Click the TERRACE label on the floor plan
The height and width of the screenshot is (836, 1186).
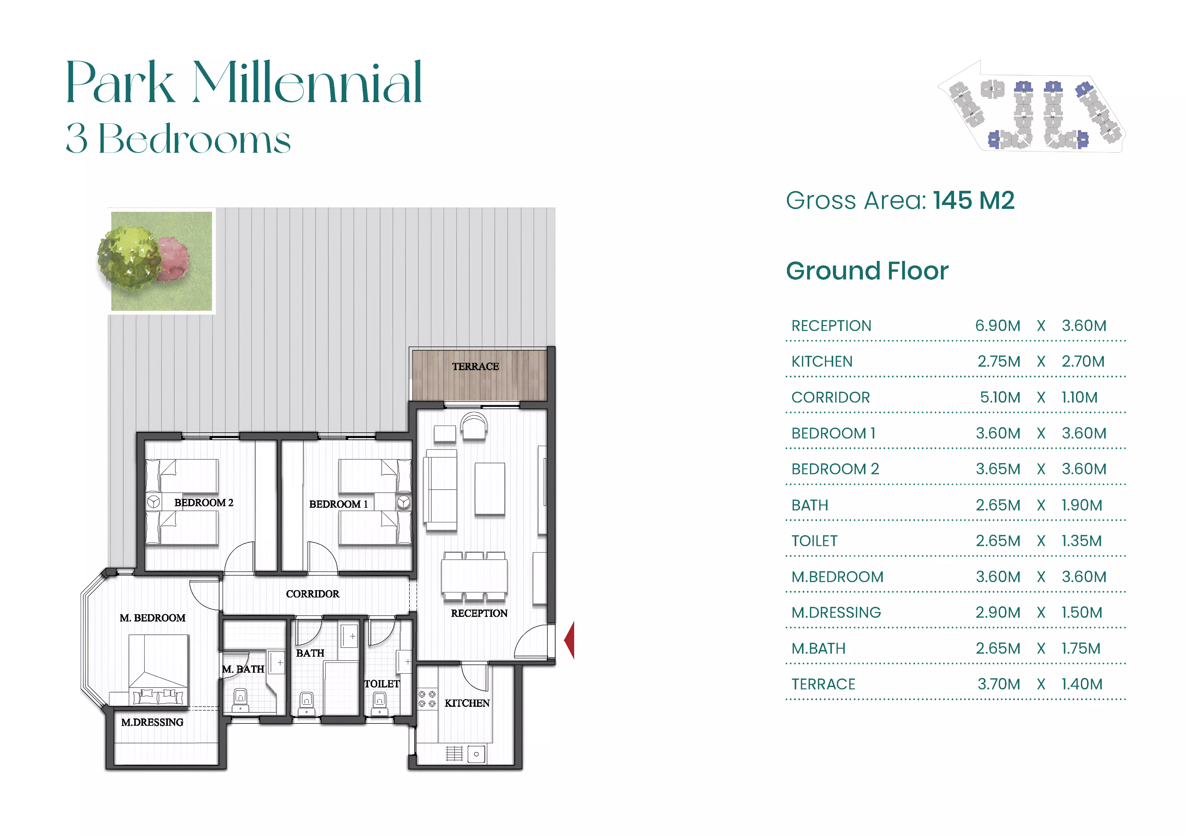click(x=475, y=367)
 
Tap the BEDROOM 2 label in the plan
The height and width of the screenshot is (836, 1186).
click(x=204, y=503)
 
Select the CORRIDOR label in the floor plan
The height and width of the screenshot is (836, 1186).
click(x=313, y=594)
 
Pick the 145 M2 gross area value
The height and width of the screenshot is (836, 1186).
click(x=974, y=201)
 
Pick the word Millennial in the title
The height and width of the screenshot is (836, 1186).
click(x=308, y=83)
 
